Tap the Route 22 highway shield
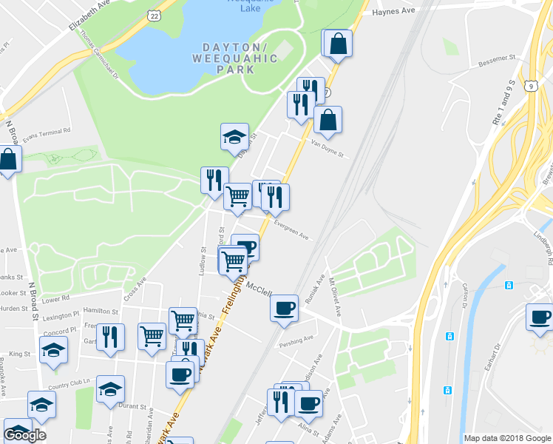[154, 15]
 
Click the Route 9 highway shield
[532, 86]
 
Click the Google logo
[24, 435]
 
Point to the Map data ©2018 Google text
[506, 438]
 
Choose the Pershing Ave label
[296, 341]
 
